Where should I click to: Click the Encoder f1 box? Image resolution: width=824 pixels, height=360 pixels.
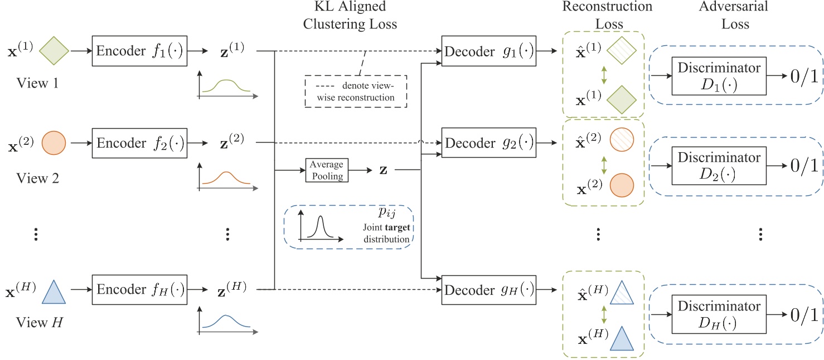(x=139, y=51)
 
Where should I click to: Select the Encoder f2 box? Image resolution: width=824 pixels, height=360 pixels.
(x=139, y=143)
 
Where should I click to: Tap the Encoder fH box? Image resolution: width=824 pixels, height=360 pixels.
(x=139, y=289)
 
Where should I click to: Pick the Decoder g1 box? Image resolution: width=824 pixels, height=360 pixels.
(x=488, y=51)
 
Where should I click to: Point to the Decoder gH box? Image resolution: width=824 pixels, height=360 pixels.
(x=488, y=290)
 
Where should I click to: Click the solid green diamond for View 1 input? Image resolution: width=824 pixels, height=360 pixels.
(x=55, y=51)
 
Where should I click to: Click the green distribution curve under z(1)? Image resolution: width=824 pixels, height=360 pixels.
(x=226, y=86)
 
